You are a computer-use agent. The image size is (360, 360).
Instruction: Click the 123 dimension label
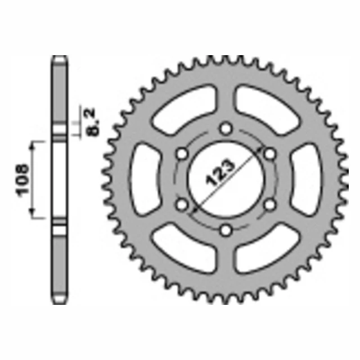tap(220, 172)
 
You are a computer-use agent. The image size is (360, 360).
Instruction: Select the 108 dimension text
tap(22, 180)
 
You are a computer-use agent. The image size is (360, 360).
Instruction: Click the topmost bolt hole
tap(226, 129)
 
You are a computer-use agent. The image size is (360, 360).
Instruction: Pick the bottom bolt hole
tap(226, 230)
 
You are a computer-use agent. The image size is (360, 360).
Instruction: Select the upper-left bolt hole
tap(182, 154)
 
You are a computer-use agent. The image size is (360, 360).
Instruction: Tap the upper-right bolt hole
tap(270, 154)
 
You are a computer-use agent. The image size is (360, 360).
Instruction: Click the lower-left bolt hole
tap(182, 205)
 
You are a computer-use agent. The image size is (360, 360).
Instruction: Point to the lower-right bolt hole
tap(270, 205)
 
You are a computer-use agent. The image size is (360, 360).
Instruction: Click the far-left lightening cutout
tap(145, 179)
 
